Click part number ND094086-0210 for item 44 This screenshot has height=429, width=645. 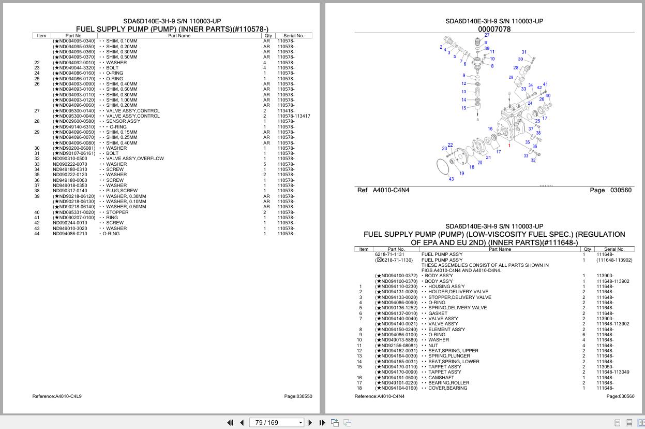[70, 234]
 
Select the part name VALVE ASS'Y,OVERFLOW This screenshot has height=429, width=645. [134, 159]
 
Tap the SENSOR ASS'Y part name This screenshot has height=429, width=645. [123, 121]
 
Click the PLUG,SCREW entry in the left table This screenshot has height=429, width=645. [122, 191]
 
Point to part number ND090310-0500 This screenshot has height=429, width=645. [70, 159]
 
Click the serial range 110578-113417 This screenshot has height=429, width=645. [293, 116]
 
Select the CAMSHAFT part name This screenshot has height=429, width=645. [441, 378]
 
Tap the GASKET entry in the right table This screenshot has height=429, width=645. [438, 313]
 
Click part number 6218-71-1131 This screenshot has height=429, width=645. [389, 254]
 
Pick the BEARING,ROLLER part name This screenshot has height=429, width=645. [448, 383]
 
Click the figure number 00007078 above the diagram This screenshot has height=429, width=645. [494, 30]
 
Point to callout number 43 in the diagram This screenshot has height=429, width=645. [451, 179]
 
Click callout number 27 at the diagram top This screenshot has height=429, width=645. [487, 35]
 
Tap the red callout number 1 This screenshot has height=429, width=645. [509, 146]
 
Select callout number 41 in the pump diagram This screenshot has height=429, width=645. [545, 84]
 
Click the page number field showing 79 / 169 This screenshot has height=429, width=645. [274, 423]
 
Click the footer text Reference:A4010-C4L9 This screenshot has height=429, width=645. [57, 396]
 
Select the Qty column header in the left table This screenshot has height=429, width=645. [268, 36]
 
